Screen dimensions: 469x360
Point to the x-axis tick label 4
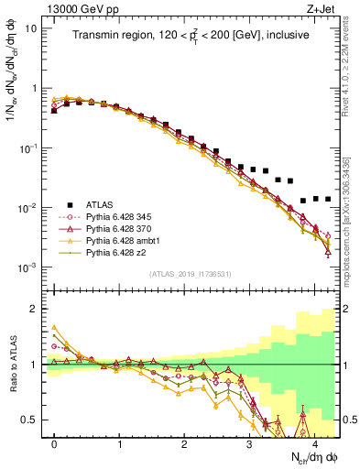[x=314, y=442]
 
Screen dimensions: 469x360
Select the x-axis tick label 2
[x=184, y=442]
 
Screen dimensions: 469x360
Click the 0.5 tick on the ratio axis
[x=33, y=420]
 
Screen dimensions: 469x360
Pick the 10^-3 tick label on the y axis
[x=27, y=267]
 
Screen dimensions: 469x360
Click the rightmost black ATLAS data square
[x=327, y=199]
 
